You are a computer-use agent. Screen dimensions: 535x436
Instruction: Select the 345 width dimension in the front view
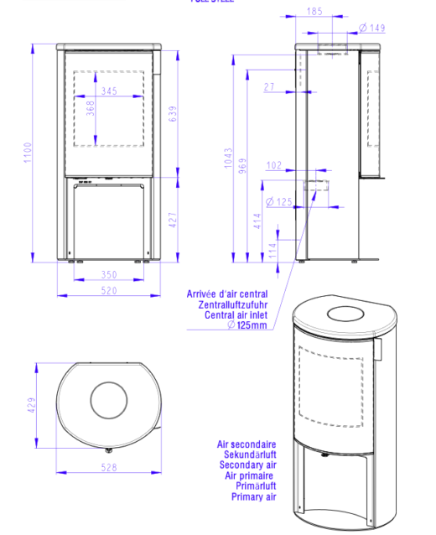108,91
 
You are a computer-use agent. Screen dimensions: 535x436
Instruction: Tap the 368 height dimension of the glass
91,109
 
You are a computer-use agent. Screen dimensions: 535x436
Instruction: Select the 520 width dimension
108,291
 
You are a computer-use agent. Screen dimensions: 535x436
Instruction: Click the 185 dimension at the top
314,12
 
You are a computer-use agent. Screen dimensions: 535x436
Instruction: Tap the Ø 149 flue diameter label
371,29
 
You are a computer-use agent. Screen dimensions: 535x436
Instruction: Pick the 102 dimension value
273,165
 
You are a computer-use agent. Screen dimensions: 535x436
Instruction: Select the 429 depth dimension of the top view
31,405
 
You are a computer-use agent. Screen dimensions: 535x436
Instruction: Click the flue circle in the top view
108,400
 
